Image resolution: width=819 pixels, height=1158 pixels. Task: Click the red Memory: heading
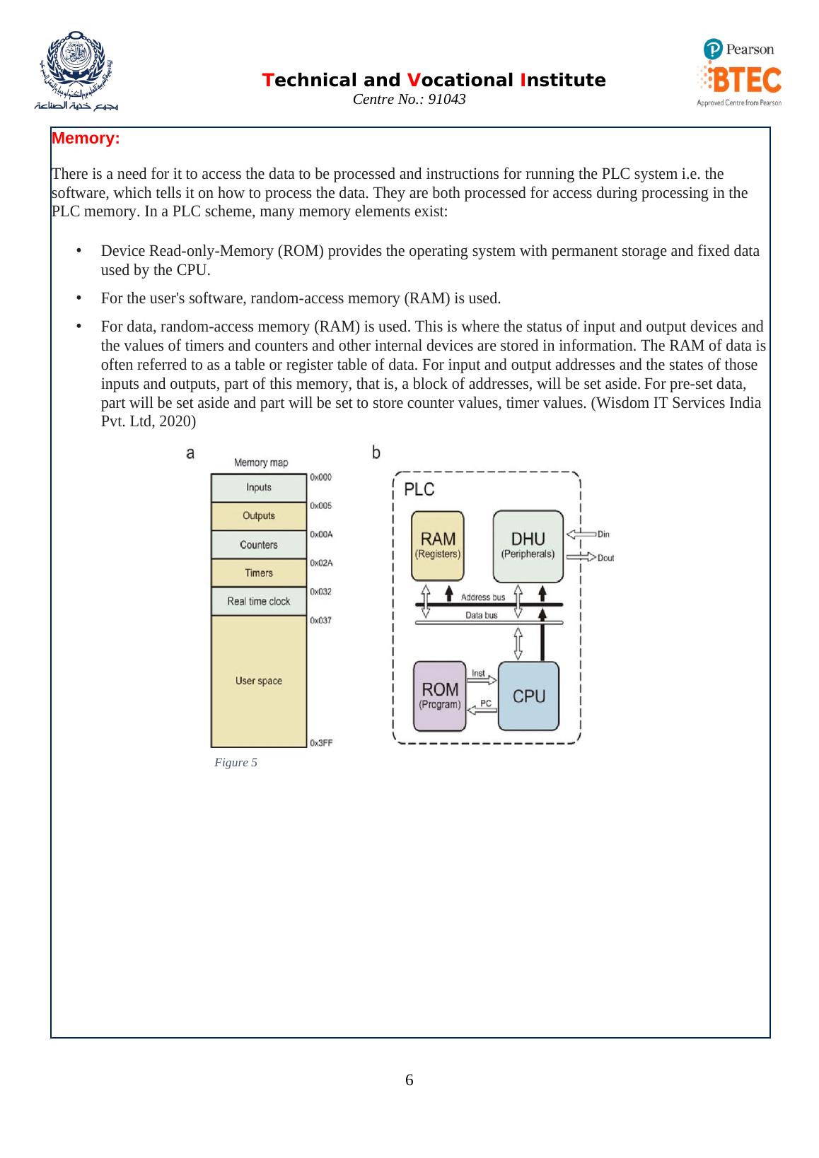click(x=86, y=139)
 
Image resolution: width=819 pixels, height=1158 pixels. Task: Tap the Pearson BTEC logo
click(x=739, y=73)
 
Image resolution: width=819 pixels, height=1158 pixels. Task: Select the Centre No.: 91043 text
click(x=409, y=100)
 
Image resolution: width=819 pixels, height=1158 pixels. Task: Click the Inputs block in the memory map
click(x=259, y=487)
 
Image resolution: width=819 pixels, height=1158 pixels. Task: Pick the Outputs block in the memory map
click(x=259, y=516)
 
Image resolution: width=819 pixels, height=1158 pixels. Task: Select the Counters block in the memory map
click(x=259, y=545)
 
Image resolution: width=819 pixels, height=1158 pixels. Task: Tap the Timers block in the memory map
click(x=259, y=573)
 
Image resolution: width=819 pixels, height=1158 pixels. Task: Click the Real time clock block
click(x=259, y=602)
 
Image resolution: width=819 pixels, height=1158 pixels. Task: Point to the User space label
click(x=259, y=681)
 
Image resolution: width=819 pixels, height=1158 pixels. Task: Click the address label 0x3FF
click(x=321, y=742)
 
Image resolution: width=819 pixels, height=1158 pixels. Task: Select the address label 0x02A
click(x=321, y=563)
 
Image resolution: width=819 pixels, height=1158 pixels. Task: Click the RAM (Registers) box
click(x=438, y=545)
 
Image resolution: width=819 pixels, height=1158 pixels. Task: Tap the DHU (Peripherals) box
click(x=528, y=545)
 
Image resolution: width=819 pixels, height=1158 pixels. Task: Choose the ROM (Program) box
click(x=440, y=696)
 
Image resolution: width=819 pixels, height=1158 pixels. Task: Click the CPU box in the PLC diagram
click(x=529, y=696)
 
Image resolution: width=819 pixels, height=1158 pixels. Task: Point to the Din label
click(x=603, y=534)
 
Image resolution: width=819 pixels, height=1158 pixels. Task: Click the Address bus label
click(x=483, y=597)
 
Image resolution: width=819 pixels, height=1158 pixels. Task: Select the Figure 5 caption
click(x=236, y=762)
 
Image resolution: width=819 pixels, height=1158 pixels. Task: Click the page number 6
click(x=409, y=1080)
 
